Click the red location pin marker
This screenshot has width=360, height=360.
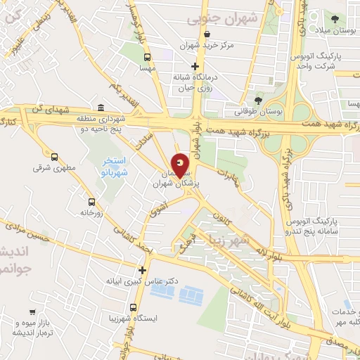click(180, 165)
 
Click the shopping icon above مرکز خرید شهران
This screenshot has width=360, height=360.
click(207, 34)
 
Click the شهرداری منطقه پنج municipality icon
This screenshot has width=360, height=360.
click(101, 108)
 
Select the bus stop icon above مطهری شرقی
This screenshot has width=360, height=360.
click(54, 157)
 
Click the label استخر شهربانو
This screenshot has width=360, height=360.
click(111, 167)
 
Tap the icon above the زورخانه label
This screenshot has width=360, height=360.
click(92, 200)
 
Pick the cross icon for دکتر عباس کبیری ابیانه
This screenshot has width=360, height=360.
click(143, 269)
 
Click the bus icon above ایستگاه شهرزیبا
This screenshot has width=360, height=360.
click(134, 307)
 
